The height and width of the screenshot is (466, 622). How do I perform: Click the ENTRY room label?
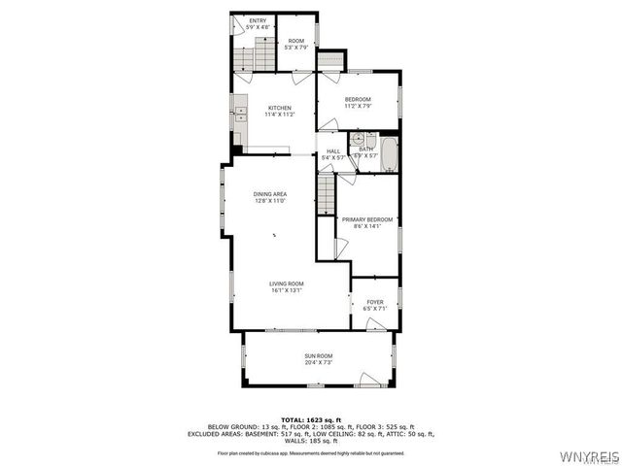pos(258,20)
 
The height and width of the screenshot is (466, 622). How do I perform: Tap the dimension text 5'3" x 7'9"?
pos(296,47)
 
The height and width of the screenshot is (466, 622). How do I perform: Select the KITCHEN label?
pos(280,108)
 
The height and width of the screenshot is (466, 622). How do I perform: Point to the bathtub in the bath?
pos(389,153)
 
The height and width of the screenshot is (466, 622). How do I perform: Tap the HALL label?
pos(333,150)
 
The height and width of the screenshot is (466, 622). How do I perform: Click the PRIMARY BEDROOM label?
pos(367,219)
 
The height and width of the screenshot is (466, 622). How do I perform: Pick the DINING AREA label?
pos(270,193)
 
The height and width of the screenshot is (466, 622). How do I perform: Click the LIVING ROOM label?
pos(286,283)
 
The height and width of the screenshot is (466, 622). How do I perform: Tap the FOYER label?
pos(374,302)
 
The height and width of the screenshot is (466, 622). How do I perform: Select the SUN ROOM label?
pos(318,356)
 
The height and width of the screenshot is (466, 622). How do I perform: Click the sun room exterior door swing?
pos(369,379)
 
